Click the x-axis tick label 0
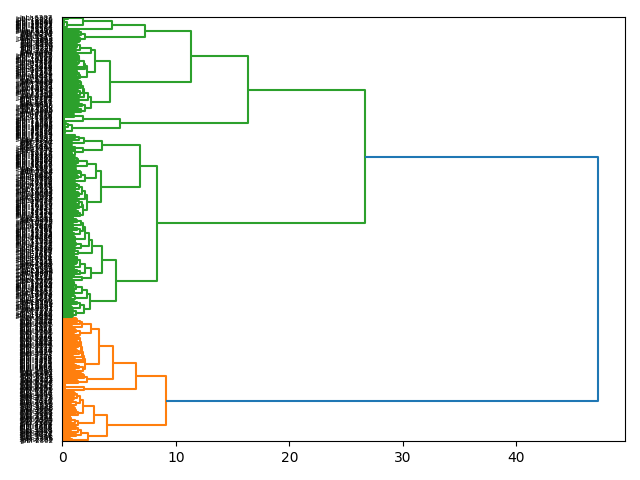click(63, 457)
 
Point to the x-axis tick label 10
click(176, 457)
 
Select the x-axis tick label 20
click(290, 457)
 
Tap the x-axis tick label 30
click(403, 457)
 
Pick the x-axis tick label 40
click(517, 457)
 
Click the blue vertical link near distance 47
click(598, 279)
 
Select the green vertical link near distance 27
click(365, 157)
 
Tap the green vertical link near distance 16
click(248, 90)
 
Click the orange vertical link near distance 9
click(166, 401)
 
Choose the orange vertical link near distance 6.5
click(136, 376)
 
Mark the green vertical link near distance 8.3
click(157, 223)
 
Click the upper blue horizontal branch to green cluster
click(481, 157)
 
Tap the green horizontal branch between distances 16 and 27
click(306, 90)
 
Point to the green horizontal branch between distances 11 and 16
click(219, 56)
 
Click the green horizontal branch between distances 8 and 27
click(261, 223)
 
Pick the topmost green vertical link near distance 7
click(145, 31)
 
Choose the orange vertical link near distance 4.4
click(113, 362)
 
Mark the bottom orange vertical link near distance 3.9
click(107, 426)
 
